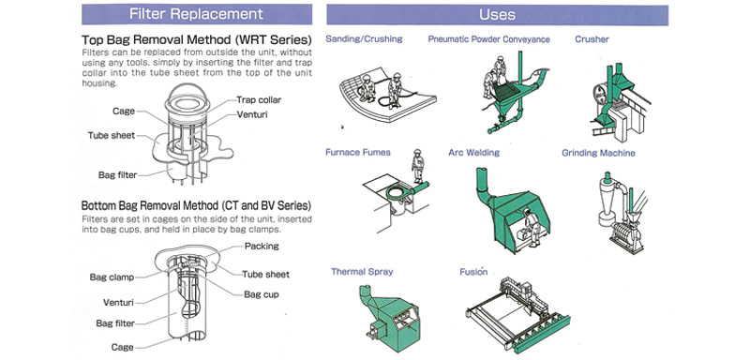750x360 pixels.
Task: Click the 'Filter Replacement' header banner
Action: point(197,14)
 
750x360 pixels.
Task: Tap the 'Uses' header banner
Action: point(498,14)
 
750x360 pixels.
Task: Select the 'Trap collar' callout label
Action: point(259,100)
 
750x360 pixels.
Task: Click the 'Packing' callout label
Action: point(262,247)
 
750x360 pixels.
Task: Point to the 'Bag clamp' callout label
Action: point(112,277)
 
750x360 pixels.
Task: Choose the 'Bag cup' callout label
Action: point(262,294)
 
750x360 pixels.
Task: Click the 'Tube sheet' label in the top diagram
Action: point(112,135)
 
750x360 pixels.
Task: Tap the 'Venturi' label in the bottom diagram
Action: point(118,302)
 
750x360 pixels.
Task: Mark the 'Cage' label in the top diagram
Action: point(124,111)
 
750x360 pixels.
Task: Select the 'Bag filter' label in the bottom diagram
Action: point(115,323)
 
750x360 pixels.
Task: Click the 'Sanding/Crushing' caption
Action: point(364,38)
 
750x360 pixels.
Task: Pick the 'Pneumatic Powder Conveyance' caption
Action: point(488,39)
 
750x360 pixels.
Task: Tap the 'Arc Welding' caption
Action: point(474,153)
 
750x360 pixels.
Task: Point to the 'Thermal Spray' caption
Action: point(362,272)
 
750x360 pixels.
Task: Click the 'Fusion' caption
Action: point(473,272)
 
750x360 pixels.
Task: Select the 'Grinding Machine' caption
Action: point(598,153)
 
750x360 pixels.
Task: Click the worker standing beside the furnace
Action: point(417,166)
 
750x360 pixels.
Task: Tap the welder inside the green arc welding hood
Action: point(531,228)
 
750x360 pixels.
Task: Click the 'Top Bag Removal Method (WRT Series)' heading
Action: point(197,39)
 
